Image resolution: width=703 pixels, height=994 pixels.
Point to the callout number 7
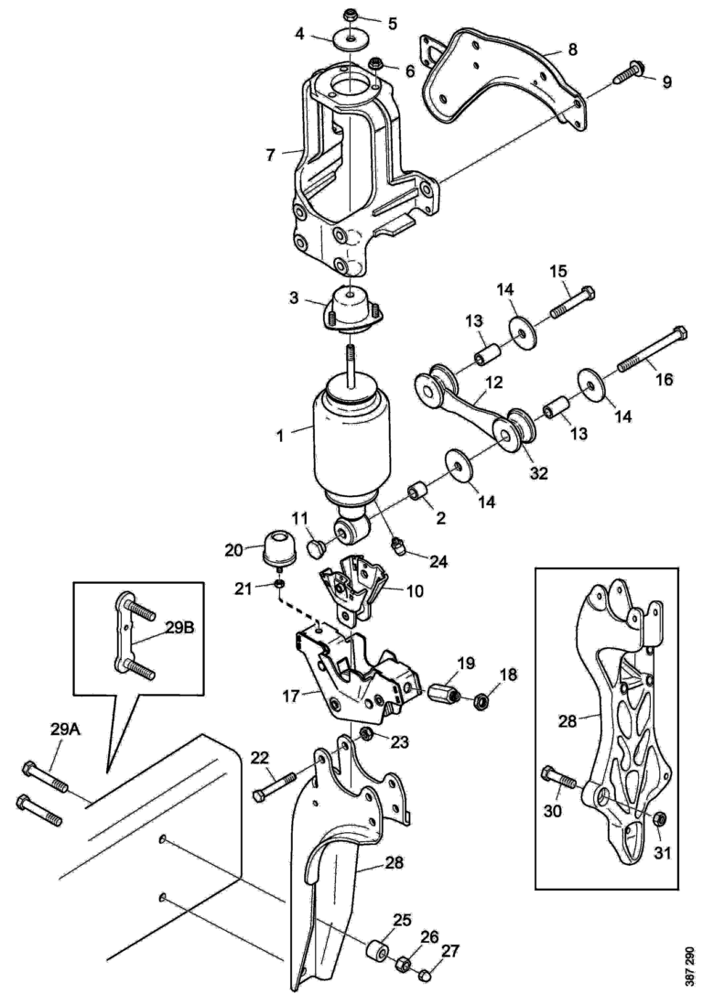click(x=270, y=155)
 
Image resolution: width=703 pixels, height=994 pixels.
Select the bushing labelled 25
click(x=375, y=952)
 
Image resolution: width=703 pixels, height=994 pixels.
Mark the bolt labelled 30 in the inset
click(x=560, y=780)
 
